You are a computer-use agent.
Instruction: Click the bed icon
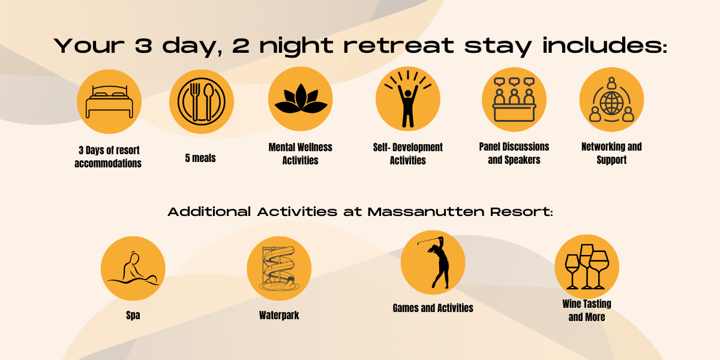109,102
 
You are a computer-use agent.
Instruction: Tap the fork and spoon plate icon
202,101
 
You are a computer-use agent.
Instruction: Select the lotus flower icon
301,98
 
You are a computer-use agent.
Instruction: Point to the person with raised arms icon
408,99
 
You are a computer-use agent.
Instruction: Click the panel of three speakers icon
514,100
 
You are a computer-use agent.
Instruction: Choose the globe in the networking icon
611,103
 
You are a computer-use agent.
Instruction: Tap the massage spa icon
133,268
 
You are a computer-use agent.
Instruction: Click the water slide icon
279,268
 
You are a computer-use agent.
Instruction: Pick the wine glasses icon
587,266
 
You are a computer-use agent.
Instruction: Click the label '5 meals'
200,158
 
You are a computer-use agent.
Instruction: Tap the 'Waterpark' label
279,315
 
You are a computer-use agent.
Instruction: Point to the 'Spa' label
133,315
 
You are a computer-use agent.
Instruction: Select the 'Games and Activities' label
433,308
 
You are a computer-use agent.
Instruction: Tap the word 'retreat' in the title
398,46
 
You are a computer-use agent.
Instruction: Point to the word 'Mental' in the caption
280,147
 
